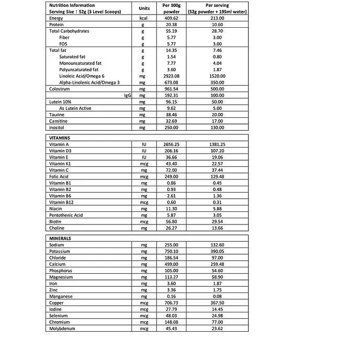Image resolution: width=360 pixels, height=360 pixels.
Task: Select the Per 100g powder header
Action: pos(171,8)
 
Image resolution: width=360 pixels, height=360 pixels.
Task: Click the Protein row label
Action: pos(57,25)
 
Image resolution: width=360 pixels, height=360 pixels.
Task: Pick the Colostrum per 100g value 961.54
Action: pos(171,89)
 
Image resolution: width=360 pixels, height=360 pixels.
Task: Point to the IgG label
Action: pos(127,96)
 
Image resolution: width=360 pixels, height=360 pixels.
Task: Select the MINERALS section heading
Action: pos(60,238)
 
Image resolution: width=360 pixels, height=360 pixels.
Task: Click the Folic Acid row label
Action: pos(59,176)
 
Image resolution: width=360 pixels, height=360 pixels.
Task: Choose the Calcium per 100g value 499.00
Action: pos(171,264)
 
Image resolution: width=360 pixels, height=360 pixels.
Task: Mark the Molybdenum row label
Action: pos(63,329)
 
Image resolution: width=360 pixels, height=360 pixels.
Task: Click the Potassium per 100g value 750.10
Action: pos(171,251)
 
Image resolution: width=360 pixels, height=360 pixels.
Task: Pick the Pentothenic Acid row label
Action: pos(66,215)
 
